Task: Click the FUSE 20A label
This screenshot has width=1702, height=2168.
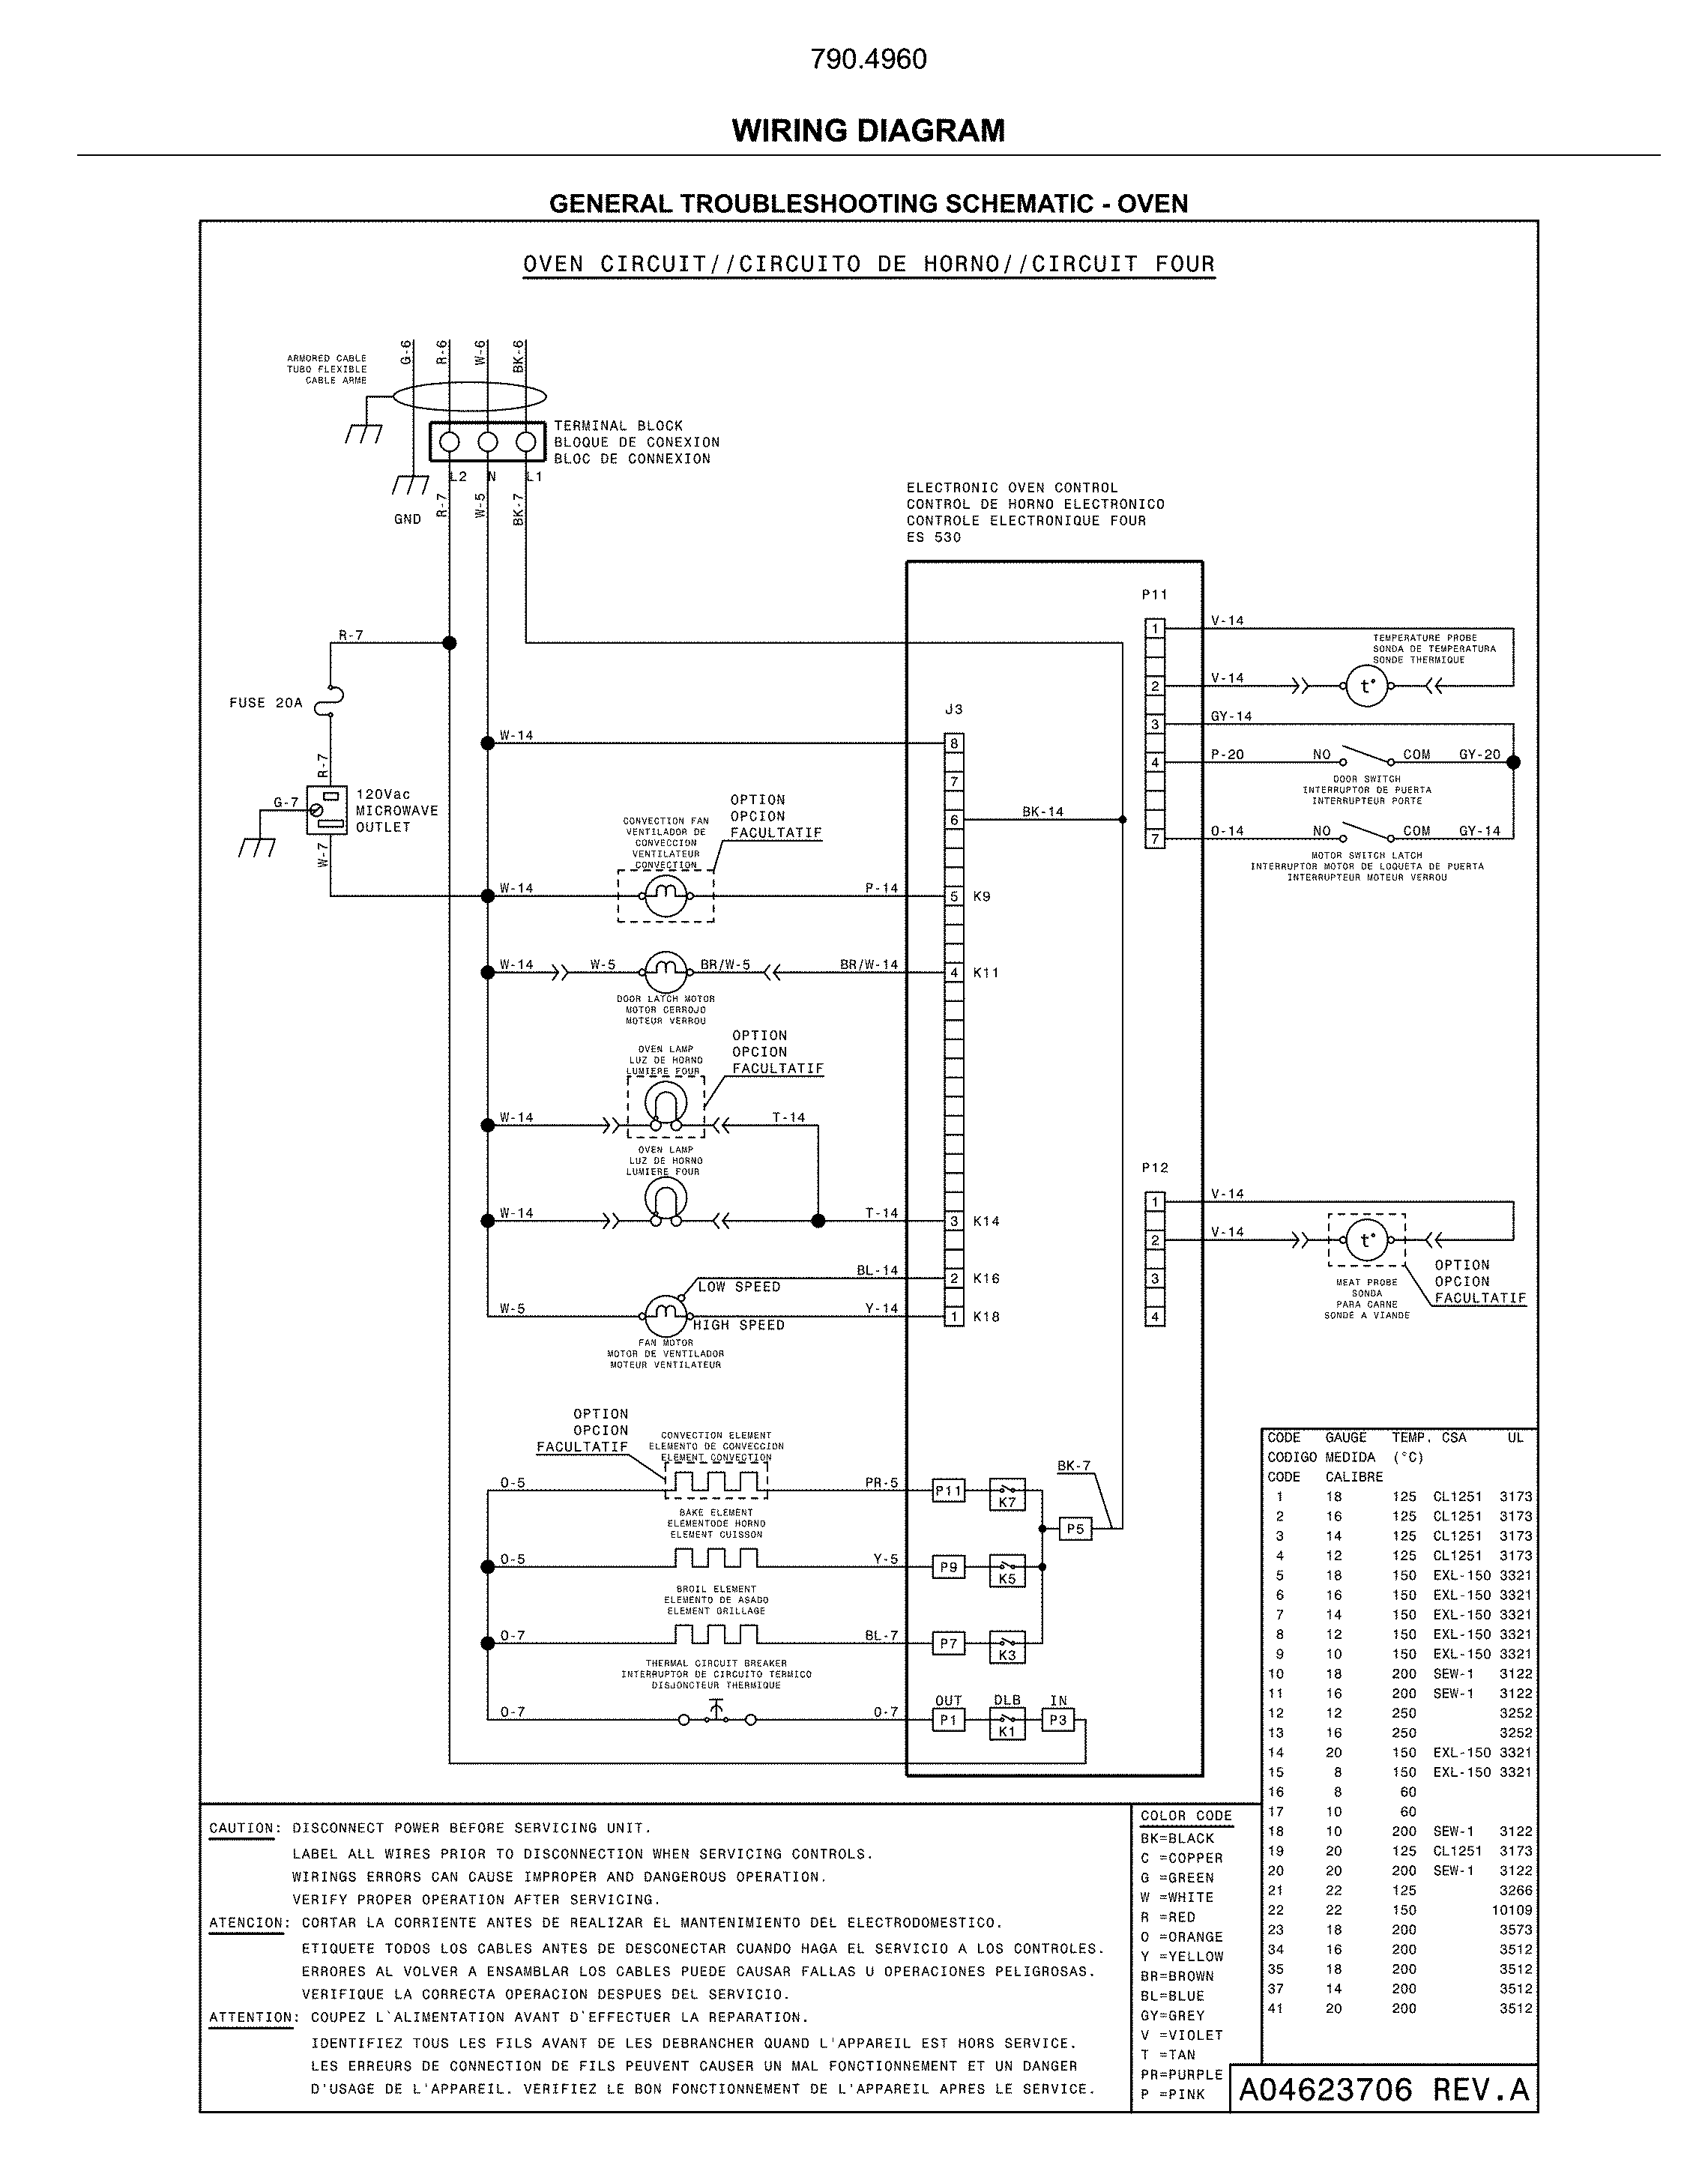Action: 265,704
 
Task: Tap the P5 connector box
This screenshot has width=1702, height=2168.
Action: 1074,1528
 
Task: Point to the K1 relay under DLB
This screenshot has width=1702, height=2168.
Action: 1007,1724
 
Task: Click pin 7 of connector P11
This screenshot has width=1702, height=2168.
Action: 1155,839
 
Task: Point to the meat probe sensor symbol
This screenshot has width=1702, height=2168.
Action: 1366,1240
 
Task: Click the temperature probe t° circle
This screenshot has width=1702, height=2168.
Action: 1366,686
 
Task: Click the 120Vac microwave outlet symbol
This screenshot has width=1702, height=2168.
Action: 327,810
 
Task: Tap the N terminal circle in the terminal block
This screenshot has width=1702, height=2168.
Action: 487,441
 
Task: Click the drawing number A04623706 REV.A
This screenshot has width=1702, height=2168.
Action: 1383,2089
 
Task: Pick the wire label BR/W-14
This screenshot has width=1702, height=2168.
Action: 868,964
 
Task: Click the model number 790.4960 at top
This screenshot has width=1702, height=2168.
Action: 868,60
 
